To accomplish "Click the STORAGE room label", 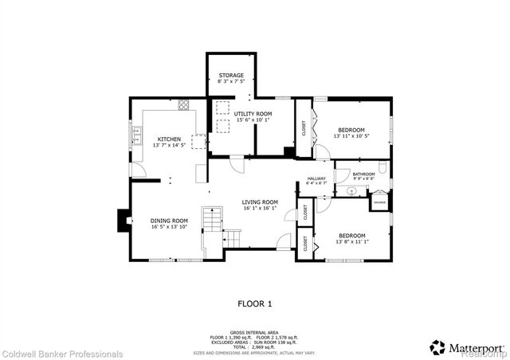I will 231,76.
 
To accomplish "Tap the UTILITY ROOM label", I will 253,114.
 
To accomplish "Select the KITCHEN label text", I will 168,139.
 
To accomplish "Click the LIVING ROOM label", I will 260,202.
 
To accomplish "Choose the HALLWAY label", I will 317,178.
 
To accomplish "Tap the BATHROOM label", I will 364,174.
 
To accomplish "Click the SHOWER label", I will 379,202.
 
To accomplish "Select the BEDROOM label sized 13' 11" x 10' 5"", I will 351,130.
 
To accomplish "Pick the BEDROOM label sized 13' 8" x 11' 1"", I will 351,236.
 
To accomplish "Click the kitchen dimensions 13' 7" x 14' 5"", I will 168,145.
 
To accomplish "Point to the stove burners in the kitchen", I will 184,104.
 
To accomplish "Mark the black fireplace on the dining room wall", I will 123,219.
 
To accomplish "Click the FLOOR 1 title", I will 255,303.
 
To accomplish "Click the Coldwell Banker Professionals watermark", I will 62,354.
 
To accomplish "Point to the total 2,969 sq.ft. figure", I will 255,346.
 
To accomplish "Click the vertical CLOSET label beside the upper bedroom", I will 304,128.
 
